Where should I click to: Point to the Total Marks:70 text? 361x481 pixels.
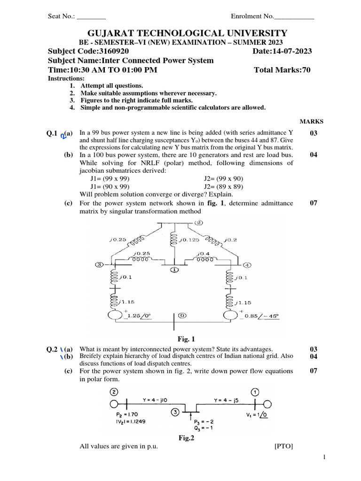(x=282, y=70)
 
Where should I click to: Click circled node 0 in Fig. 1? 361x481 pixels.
(x=182, y=316)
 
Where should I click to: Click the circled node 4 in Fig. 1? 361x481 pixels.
(x=247, y=264)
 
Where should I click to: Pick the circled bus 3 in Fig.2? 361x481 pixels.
(x=175, y=412)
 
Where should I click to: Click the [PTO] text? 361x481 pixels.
(x=283, y=446)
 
